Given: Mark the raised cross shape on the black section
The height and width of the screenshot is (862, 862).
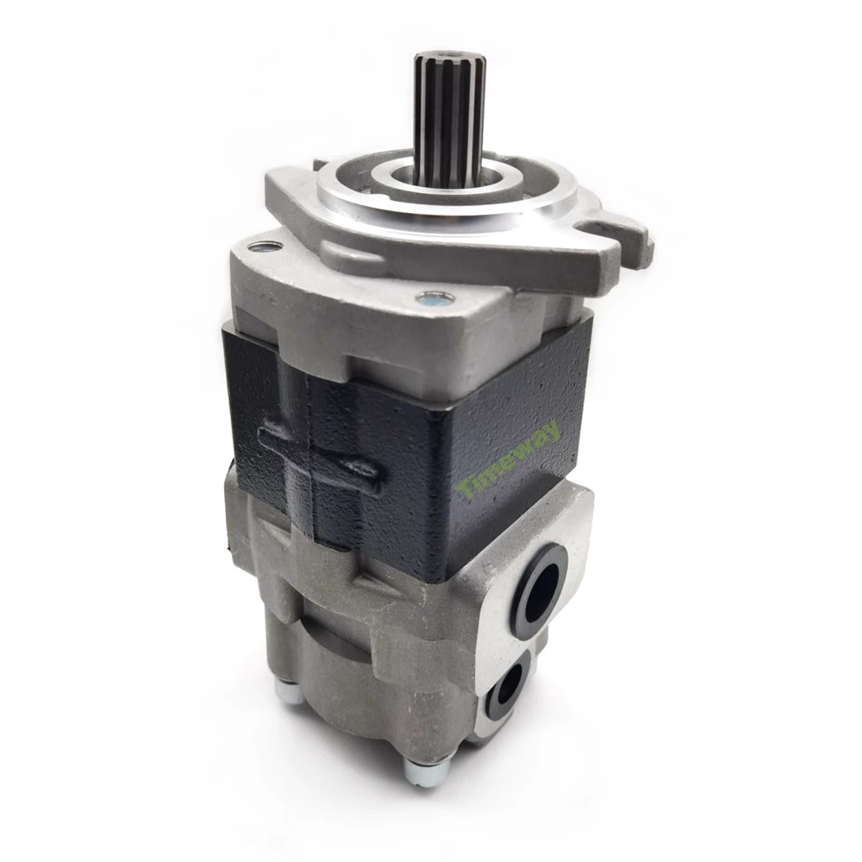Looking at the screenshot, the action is (x=318, y=456).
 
